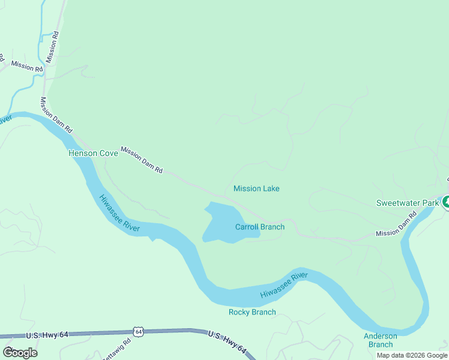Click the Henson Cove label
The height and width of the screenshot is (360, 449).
(93, 153)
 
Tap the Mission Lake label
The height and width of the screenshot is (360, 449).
(256, 188)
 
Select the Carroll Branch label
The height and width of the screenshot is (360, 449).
(259, 227)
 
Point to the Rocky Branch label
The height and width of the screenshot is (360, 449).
(252, 312)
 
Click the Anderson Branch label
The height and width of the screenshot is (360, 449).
(380, 340)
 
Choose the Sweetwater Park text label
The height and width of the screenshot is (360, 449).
(408, 203)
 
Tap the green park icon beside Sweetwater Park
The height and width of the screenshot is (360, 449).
(446, 202)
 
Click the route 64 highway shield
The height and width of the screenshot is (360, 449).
(139, 331)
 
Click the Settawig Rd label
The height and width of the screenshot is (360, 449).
(118, 349)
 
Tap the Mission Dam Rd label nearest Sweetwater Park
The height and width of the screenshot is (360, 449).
(396, 224)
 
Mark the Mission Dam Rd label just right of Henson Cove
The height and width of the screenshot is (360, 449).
(142, 160)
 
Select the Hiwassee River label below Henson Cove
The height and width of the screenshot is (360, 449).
(119, 214)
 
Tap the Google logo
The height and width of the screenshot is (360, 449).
(20, 352)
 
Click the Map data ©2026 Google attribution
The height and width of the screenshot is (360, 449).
(412, 355)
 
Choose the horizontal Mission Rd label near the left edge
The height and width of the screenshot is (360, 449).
(26, 66)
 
